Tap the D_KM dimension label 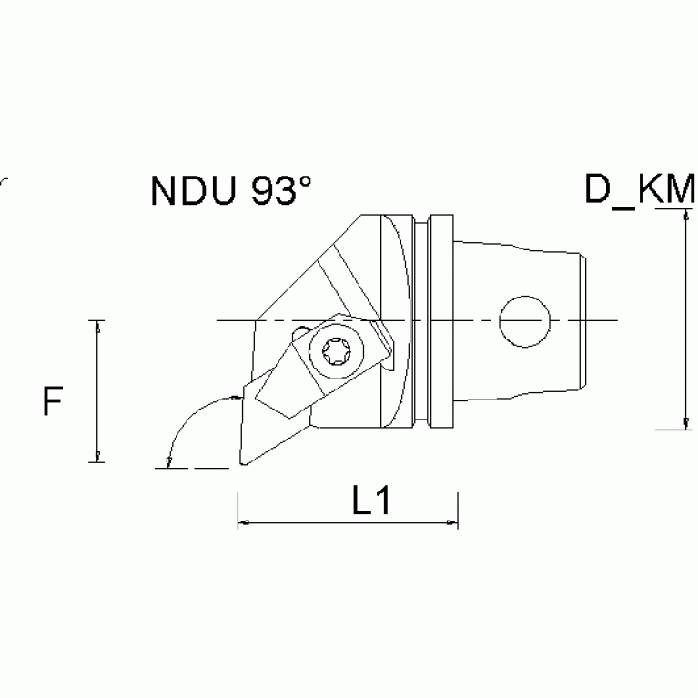[640, 190]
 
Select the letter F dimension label [53, 401]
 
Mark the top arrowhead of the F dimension [95, 326]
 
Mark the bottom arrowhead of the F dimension [95, 457]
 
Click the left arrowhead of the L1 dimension [243, 523]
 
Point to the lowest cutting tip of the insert [242, 465]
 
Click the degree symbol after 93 [306, 181]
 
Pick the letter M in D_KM [680, 190]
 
